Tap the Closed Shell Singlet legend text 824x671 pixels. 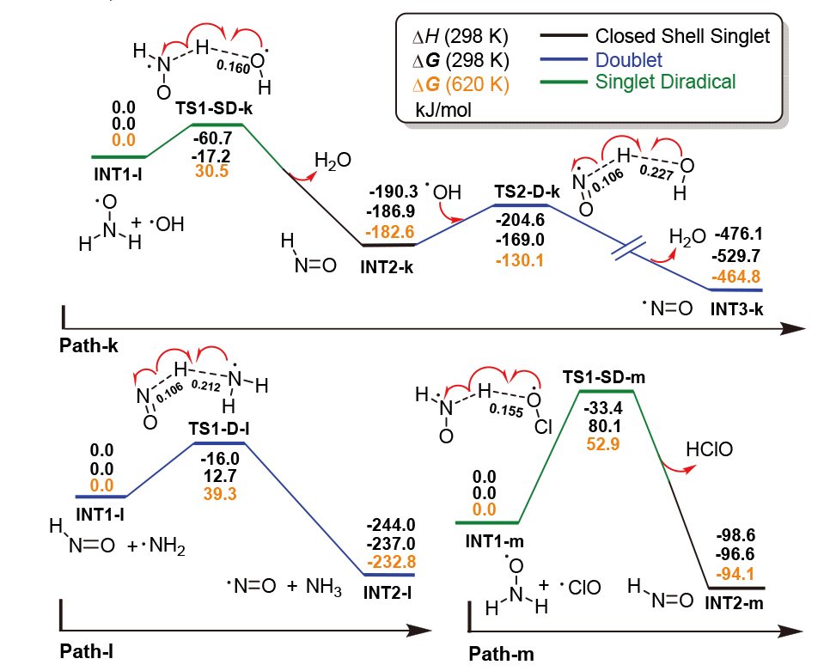click(682, 37)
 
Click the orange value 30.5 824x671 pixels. click(211, 171)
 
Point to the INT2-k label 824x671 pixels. click(387, 266)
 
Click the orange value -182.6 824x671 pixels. click(391, 231)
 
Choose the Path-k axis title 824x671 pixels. click(89, 345)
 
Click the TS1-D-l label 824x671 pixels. click(219, 427)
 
